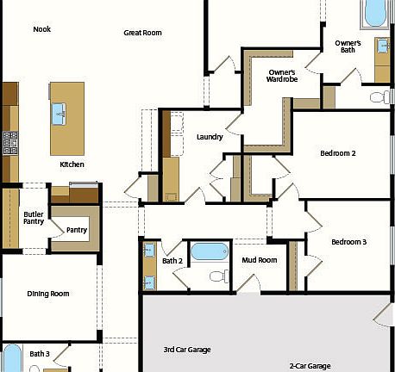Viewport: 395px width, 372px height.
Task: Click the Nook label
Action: click(41, 29)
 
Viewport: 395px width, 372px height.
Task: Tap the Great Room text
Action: click(143, 33)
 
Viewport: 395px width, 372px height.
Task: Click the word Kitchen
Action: click(72, 164)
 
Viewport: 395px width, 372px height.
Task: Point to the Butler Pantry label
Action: click(34, 218)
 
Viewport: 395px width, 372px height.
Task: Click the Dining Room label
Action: click(48, 294)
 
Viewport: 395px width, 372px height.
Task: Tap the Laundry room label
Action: click(210, 137)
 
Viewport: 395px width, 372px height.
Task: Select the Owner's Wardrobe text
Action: click(282, 76)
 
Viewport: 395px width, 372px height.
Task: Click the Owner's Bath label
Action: click(348, 46)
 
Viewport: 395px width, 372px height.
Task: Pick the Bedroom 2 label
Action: click(338, 153)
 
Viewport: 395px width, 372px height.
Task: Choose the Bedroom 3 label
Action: click(348, 242)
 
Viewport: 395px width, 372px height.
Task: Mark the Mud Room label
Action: click(259, 259)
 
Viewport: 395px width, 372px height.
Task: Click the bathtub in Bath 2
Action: click(208, 251)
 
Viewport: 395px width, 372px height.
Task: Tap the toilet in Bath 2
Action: click(217, 276)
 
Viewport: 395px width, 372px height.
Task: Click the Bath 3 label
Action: click(40, 354)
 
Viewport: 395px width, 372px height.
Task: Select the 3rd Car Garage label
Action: click(187, 350)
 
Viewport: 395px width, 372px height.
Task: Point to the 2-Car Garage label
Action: click(309, 366)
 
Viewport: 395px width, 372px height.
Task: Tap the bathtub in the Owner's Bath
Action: click(376, 12)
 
